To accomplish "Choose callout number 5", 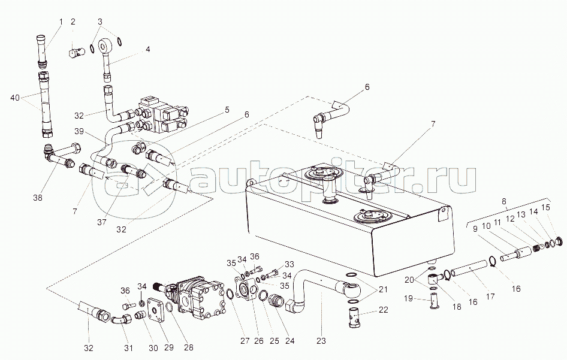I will pyautogui.click(x=227, y=110).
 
